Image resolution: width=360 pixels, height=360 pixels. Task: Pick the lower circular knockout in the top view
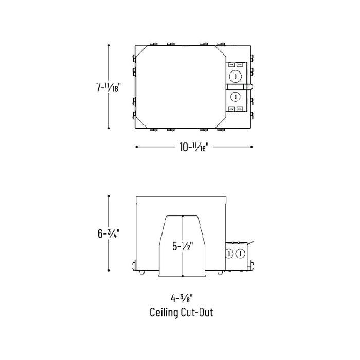tap(235, 96)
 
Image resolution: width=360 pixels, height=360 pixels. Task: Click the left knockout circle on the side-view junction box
tap(229, 254)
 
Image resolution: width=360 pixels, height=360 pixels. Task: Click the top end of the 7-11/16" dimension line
tap(109, 46)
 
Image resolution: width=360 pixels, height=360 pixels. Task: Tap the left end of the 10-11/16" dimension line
tap(136, 147)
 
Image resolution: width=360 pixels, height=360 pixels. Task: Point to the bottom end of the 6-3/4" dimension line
tap(109, 270)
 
